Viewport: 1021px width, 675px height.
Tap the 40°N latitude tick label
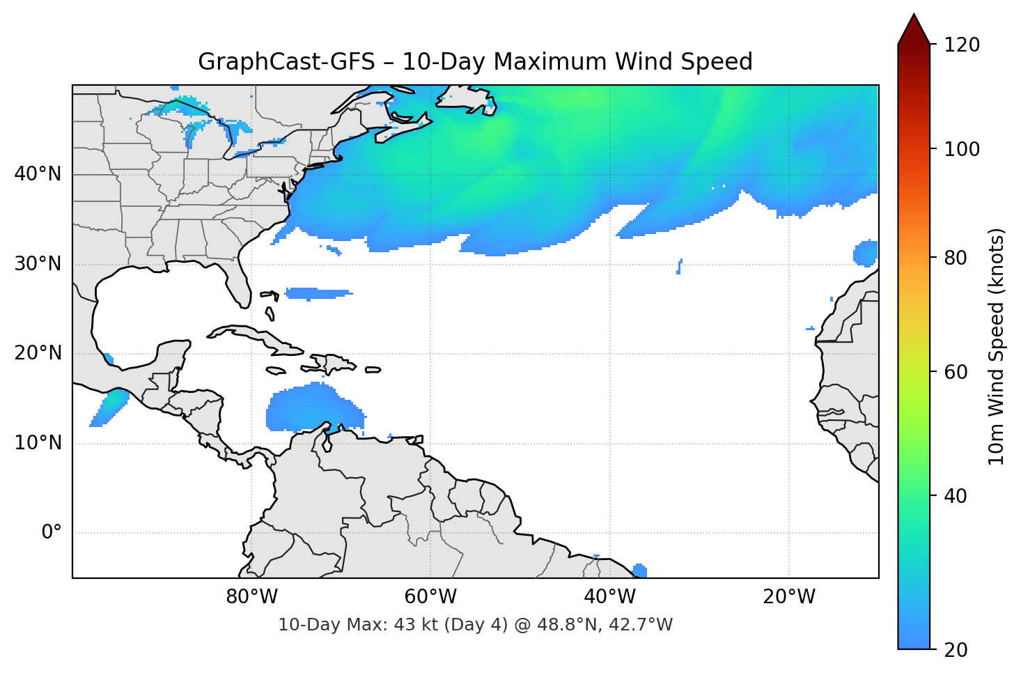pyautogui.click(x=38, y=174)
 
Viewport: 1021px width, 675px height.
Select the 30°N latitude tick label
pyautogui.click(x=38, y=264)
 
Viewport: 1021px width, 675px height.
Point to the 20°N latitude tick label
pyautogui.click(x=38, y=353)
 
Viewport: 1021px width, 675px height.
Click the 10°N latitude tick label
pyautogui.click(x=38, y=443)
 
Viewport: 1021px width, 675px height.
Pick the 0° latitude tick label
pyautogui.click(x=52, y=533)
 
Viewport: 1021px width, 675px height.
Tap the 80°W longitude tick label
pyautogui.click(x=251, y=597)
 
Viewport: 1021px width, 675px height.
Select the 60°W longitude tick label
pyautogui.click(x=430, y=597)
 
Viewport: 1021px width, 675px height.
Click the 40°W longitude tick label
pyautogui.click(x=609, y=597)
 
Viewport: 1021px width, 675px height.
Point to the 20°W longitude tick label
pyautogui.click(x=788, y=597)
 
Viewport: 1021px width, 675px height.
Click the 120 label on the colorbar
pyautogui.click(x=962, y=45)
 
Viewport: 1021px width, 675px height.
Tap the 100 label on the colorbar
pyautogui.click(x=962, y=149)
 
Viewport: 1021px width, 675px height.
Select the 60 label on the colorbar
pyautogui.click(x=956, y=372)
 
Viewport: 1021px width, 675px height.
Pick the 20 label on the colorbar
pyautogui.click(x=956, y=650)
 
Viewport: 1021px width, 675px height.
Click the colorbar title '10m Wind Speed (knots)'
pyautogui.click(x=997, y=346)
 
